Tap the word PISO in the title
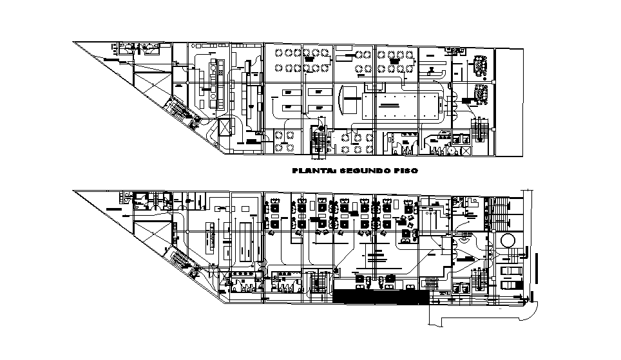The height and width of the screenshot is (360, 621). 405,171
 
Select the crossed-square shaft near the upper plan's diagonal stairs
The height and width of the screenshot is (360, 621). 225,128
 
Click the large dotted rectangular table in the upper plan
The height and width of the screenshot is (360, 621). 401,104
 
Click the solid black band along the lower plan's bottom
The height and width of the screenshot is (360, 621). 381,297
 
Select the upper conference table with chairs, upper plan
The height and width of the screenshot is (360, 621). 481,63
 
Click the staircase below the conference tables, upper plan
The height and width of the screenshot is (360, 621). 480,128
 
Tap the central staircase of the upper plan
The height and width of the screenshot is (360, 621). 319,141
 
